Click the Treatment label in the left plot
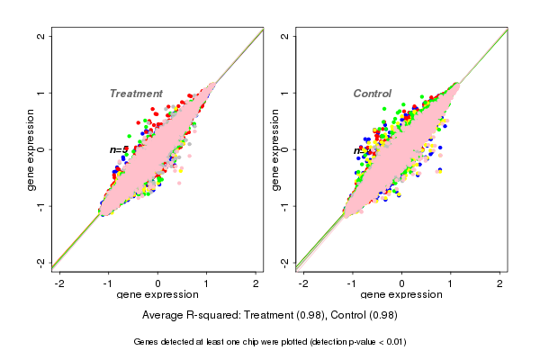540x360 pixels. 136,94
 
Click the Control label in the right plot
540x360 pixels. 373,94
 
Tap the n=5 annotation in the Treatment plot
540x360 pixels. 119,149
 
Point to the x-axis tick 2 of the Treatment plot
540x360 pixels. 256,283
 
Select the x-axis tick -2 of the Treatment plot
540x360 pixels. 59,283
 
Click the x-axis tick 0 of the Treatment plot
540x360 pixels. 158,283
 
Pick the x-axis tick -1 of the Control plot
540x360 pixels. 353,283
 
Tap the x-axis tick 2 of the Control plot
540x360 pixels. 500,283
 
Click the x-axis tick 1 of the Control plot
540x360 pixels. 451,283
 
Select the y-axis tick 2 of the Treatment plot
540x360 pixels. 40,37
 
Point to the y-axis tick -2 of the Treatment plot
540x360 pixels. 40,262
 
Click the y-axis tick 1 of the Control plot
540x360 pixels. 284,93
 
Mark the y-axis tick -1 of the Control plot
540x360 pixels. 284,205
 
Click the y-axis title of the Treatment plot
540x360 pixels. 31,149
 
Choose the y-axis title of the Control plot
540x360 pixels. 275,149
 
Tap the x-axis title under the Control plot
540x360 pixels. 402,295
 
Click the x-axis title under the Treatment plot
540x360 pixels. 158,295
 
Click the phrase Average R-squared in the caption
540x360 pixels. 188,316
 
